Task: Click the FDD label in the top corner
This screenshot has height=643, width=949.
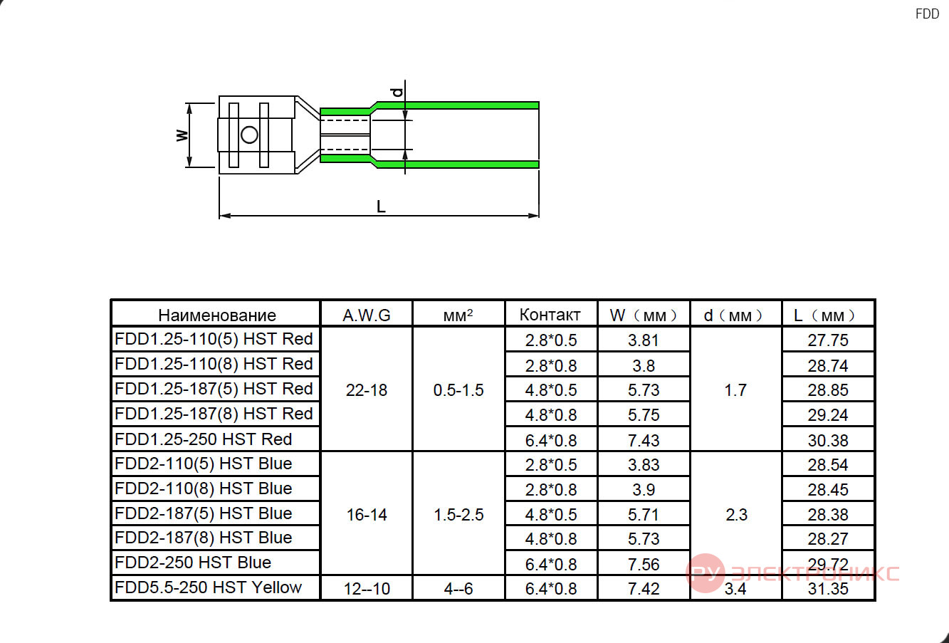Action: [x=927, y=14]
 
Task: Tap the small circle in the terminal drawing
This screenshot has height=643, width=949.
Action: [x=249, y=135]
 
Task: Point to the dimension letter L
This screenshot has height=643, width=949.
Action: [x=381, y=207]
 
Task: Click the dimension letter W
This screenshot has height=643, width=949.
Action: [x=182, y=135]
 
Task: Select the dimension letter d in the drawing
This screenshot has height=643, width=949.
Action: [x=397, y=92]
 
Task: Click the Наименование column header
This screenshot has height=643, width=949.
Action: [x=217, y=315]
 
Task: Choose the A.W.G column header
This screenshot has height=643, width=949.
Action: [x=367, y=315]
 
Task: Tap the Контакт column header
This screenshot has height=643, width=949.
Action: [x=550, y=315]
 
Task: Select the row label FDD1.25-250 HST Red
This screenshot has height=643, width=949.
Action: [x=204, y=439]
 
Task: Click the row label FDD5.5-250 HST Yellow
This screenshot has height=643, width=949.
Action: [x=208, y=587]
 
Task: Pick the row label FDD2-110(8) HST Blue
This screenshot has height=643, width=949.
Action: [x=204, y=488]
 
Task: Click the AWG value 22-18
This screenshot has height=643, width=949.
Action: [x=367, y=390]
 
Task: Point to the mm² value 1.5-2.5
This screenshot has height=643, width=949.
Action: [x=458, y=515]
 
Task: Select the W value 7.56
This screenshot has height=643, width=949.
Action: [x=644, y=564]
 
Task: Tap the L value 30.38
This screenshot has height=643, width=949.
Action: [x=828, y=440]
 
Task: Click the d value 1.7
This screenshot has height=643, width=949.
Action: [x=735, y=390]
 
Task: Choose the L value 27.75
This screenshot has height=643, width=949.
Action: [x=828, y=340]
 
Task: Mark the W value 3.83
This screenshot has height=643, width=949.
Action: [x=644, y=464]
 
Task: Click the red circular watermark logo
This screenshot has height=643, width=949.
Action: [x=706, y=573]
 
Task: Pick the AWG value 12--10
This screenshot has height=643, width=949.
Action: [x=367, y=589]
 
